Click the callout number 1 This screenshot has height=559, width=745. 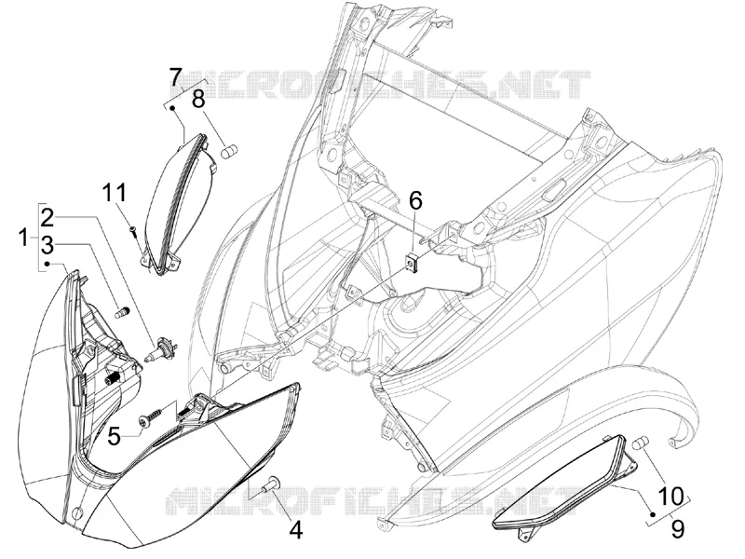[x=23, y=238]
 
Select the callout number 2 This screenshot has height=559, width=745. [x=48, y=217]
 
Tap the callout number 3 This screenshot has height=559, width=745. [x=47, y=246]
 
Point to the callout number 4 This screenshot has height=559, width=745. [x=295, y=530]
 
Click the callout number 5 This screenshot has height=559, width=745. [x=115, y=436]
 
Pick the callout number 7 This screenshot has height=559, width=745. [x=175, y=77]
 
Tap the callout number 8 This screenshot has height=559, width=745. [x=198, y=100]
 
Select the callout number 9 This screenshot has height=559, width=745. [x=678, y=528]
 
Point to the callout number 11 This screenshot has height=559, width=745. [x=114, y=193]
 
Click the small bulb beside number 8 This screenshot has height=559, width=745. [x=230, y=152]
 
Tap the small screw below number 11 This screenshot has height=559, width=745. [x=133, y=231]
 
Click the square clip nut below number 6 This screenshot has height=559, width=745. [x=412, y=264]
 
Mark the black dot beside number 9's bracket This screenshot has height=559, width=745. [x=653, y=514]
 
